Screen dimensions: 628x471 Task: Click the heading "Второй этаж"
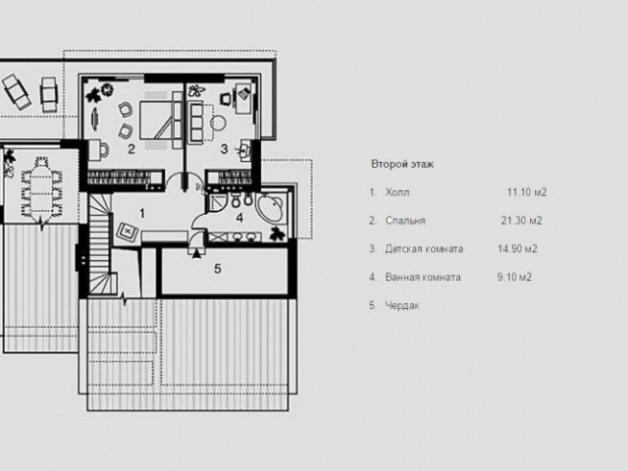[402, 164]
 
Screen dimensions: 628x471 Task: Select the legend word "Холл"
[397, 192]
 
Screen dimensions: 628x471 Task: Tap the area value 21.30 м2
[521, 221]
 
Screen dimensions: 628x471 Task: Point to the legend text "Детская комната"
[424, 249]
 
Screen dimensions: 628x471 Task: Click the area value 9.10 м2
[514, 277]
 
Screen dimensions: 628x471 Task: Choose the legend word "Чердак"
[402, 305]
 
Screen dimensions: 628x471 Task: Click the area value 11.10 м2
[527, 192]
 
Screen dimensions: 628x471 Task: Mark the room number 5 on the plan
[218, 269]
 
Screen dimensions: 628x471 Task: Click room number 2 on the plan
[131, 149]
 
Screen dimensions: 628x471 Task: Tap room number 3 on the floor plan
[225, 149]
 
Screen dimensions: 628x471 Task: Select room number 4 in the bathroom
[239, 218]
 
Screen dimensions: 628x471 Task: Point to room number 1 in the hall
[141, 214]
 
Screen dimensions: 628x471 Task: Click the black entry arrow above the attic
[196, 254]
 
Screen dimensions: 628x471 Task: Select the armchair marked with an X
[128, 232]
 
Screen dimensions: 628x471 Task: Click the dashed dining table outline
[41, 189]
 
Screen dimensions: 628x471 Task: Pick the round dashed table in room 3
[218, 123]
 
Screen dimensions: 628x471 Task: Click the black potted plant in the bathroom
[277, 234]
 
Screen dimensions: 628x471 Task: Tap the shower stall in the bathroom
[218, 201]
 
